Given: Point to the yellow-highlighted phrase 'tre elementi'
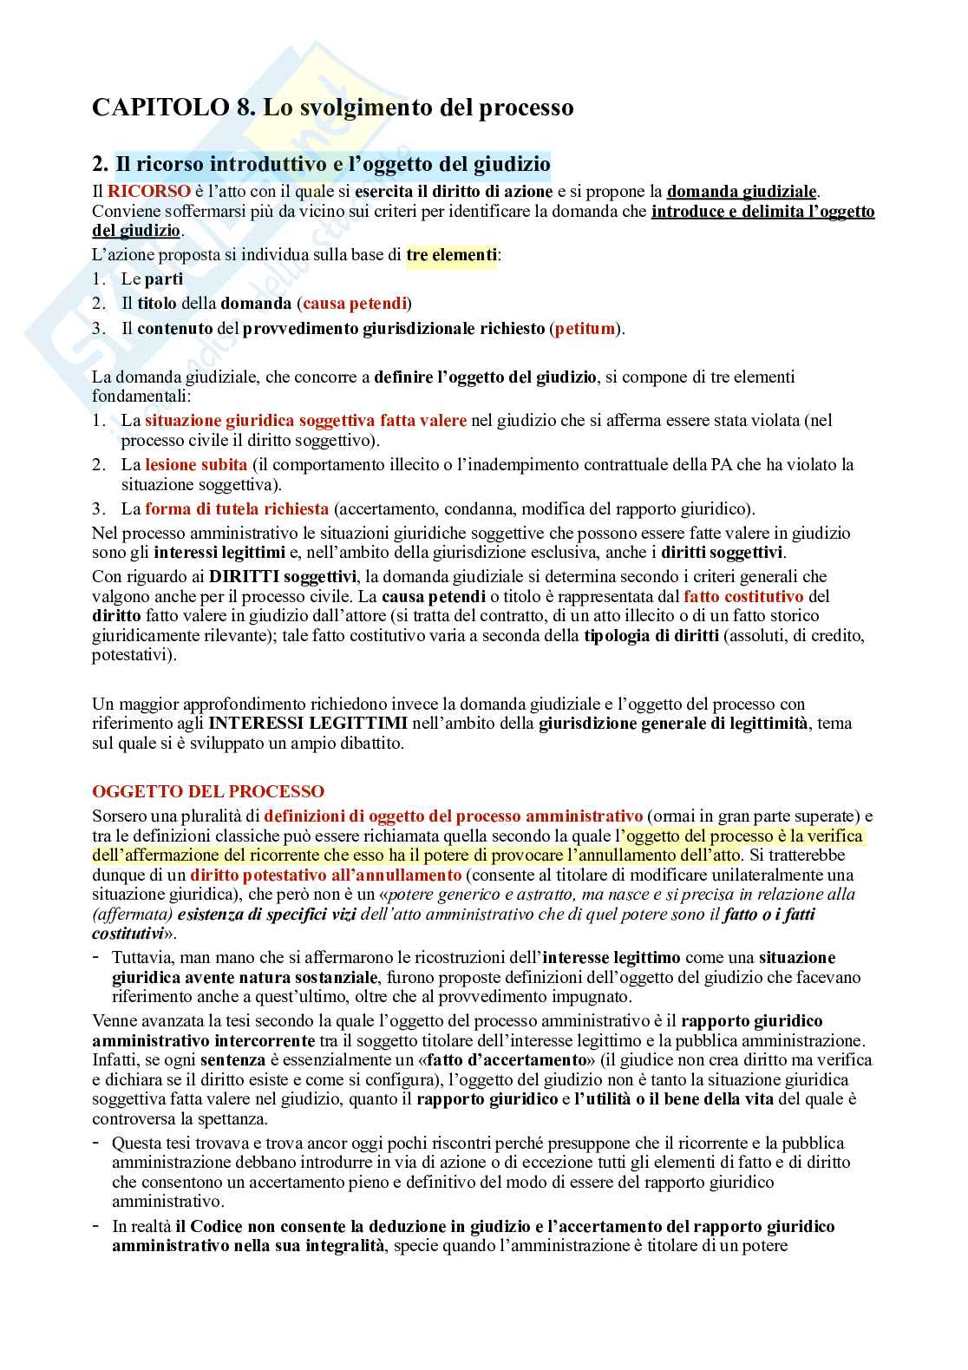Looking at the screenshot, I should (x=451, y=255).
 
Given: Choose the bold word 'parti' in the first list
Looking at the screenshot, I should (x=164, y=279).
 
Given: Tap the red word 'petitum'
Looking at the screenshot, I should (x=585, y=328).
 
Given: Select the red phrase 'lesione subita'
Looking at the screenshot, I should (x=196, y=464).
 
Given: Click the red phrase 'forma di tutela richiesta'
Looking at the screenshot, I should (x=237, y=508).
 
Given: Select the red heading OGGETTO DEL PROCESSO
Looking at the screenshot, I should (x=208, y=792).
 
